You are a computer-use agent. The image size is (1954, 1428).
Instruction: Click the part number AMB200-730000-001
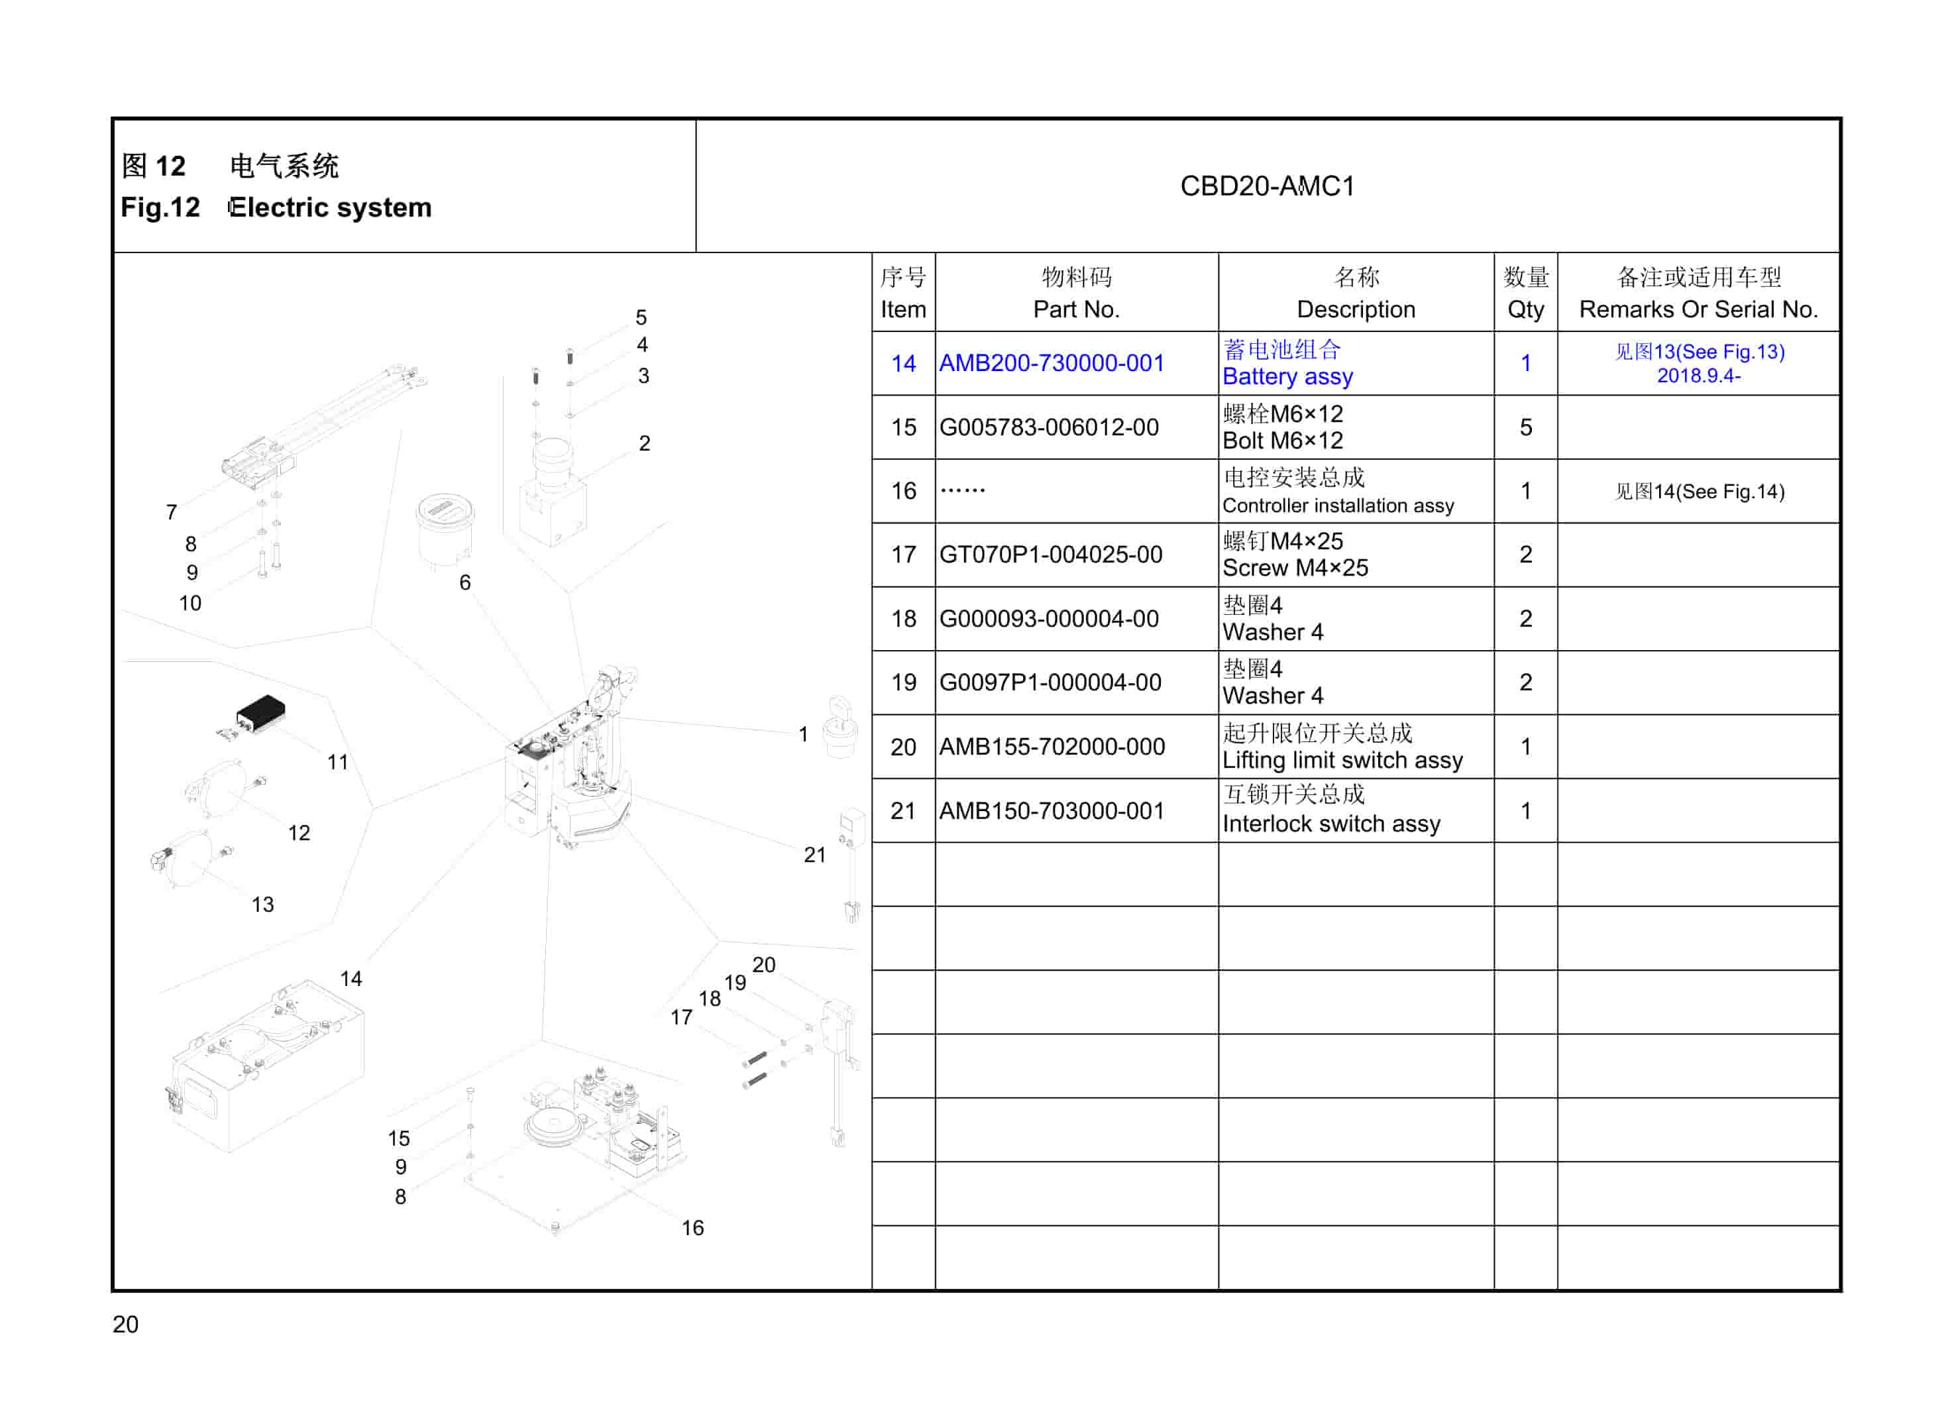click(x=1051, y=363)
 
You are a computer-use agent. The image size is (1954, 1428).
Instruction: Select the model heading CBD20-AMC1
click(x=1267, y=186)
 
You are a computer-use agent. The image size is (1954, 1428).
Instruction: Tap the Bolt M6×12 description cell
click(x=1283, y=427)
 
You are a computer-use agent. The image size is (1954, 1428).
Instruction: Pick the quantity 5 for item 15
click(x=1525, y=427)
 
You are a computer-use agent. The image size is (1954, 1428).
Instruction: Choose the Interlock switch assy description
click(x=1331, y=810)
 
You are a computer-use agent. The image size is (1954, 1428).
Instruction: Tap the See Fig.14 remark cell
click(x=1699, y=491)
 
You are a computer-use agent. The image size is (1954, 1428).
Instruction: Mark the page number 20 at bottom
click(x=125, y=1323)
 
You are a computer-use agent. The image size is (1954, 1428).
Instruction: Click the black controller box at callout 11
click(x=261, y=712)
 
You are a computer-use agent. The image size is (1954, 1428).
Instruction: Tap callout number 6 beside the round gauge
click(x=465, y=582)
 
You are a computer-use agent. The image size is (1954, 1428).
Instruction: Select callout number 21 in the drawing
click(x=814, y=854)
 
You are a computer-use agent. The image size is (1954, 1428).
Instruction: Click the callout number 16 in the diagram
click(x=692, y=1227)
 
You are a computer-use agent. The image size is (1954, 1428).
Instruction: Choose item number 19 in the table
click(x=903, y=682)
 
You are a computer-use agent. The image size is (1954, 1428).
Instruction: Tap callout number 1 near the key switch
click(x=803, y=734)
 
